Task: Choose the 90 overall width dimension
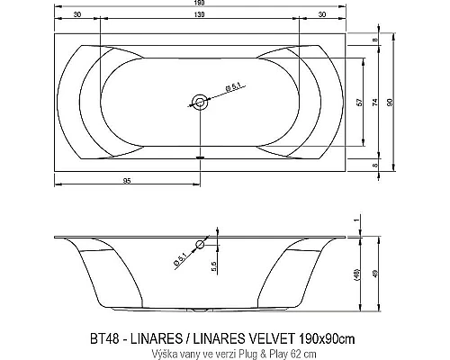[389, 103]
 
